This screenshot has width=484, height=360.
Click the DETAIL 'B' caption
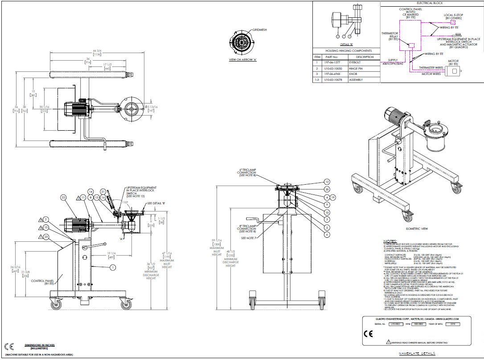click(x=346, y=45)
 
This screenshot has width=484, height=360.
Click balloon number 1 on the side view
click(x=113, y=267)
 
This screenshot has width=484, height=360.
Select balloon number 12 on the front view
click(x=327, y=182)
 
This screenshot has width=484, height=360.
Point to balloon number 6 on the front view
click(x=327, y=234)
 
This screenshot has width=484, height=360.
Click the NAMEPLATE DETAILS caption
click(x=417, y=353)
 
